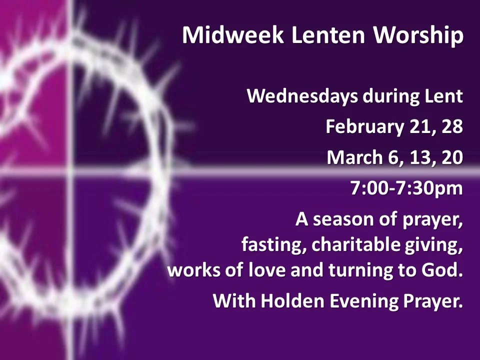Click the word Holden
click(x=287, y=301)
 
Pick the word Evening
click(x=358, y=302)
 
